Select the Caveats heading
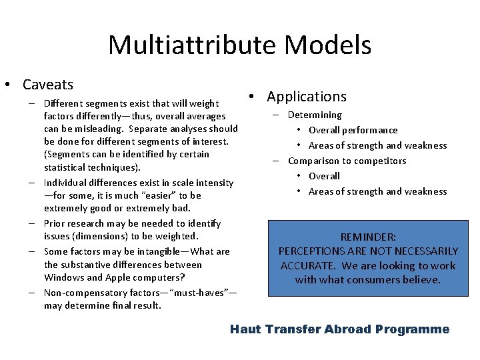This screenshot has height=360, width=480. tap(48, 85)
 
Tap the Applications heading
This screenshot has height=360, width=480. tap(307, 97)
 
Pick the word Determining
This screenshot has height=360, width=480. tap(315, 115)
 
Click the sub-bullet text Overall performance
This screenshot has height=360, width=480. tap(353, 130)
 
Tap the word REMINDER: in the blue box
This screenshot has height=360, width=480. tap(367, 237)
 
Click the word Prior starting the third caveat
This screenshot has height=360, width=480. tap(55, 223)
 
